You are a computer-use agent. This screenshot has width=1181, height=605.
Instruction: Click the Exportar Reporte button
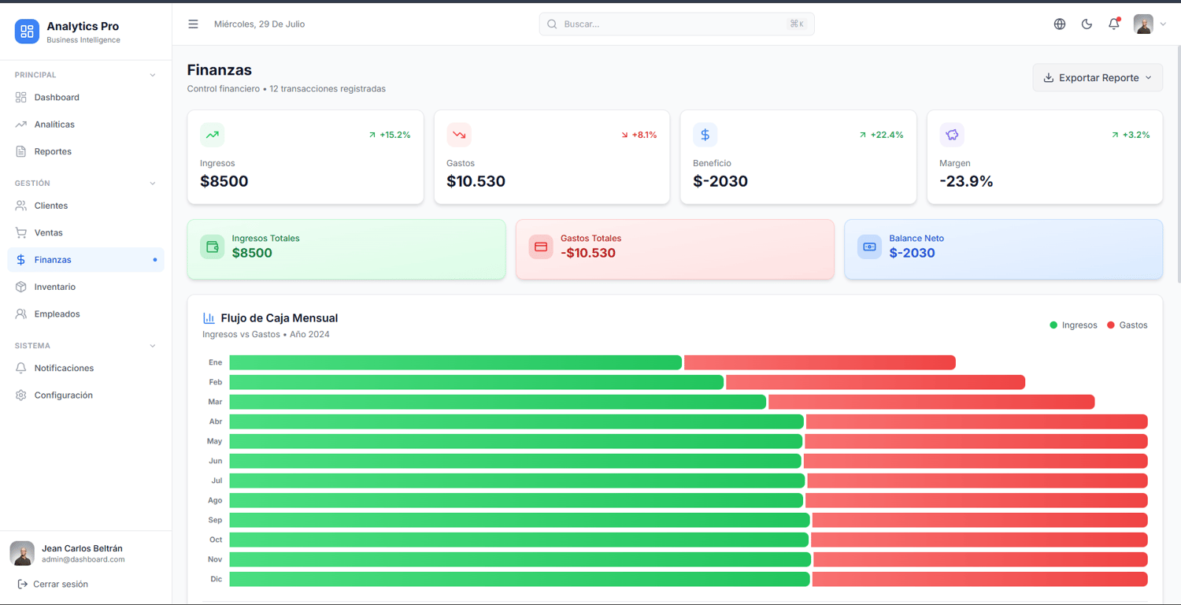[x=1098, y=77]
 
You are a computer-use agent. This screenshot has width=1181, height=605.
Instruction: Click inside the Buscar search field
[x=676, y=24]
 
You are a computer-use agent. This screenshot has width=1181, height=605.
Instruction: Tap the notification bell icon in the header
[x=1113, y=24]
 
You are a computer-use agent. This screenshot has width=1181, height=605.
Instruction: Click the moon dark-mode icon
[x=1087, y=24]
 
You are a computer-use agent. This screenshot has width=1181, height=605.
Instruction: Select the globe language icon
[x=1060, y=24]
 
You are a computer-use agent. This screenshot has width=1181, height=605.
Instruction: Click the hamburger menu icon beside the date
[x=193, y=24]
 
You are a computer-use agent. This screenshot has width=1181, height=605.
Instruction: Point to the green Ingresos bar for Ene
[x=456, y=362]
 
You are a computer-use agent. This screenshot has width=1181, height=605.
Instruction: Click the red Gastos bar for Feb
[x=876, y=382]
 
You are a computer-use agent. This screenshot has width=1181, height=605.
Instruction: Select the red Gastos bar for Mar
[x=931, y=402]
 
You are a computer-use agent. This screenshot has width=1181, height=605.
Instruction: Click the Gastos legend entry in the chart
[x=1127, y=325]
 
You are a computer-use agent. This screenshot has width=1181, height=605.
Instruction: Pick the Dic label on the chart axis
[x=217, y=579]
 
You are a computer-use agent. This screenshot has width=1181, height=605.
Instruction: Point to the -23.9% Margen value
[x=966, y=181]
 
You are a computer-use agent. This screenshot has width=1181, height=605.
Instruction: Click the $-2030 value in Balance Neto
[x=912, y=253]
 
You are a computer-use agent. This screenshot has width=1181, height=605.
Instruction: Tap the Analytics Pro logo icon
[x=27, y=32]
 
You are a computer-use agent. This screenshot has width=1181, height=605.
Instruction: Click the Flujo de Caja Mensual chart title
[x=279, y=318]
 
